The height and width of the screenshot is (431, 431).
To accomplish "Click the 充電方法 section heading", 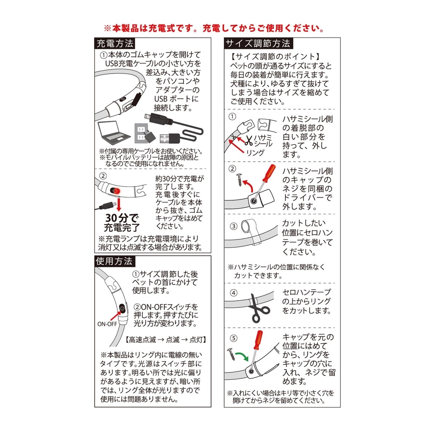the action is point(115,43).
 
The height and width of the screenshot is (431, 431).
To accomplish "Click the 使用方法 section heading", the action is point(114,261).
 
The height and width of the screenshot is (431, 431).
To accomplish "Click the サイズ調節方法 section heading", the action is point(258,43).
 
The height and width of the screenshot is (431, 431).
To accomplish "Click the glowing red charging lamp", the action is point(116,191).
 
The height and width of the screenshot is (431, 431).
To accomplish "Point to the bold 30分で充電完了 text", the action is point(122,222).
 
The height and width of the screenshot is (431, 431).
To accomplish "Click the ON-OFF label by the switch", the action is point(107,324).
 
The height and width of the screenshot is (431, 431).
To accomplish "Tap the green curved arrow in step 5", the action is point(242,356).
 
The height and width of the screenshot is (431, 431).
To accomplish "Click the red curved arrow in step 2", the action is point(249,185).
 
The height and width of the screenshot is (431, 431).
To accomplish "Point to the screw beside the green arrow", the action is point(231,354).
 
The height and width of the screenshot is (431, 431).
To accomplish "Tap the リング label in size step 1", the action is point(255,152).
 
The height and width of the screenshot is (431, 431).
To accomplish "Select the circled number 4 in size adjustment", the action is point(233,293).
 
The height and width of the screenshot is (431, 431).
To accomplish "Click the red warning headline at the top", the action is point(214,28).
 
